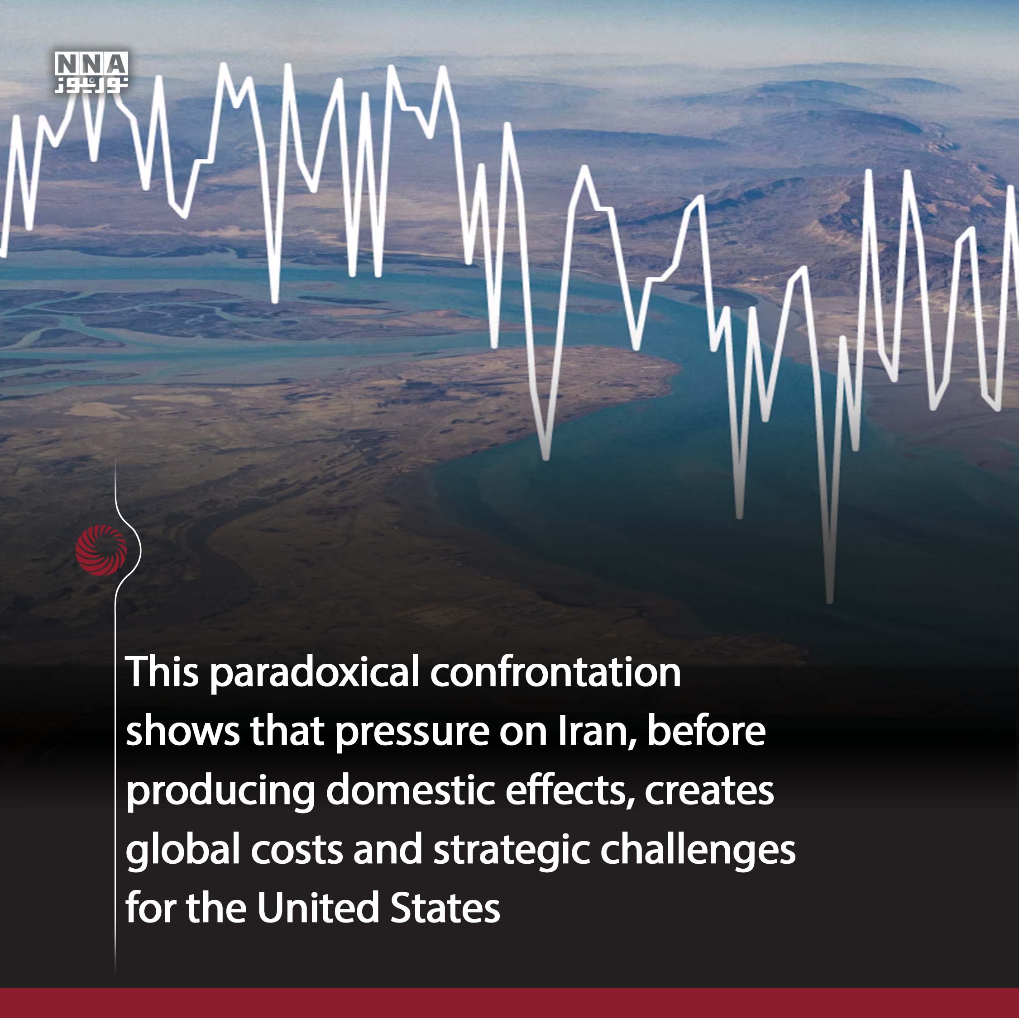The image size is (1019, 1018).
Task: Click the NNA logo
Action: [91, 72]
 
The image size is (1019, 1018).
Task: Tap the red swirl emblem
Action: [101, 550]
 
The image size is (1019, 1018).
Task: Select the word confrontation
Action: [556, 672]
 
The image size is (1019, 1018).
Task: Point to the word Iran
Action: [597, 732]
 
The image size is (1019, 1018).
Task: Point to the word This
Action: [162, 672]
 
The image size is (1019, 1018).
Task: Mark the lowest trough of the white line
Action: [830, 601]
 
